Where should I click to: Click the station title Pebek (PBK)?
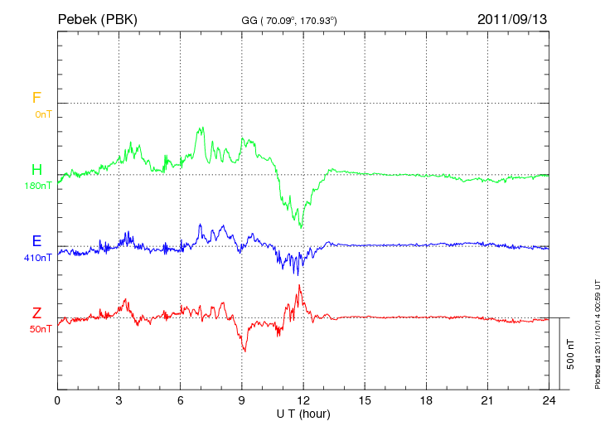99,18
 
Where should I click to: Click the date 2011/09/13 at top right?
511,18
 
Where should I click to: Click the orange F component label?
36,98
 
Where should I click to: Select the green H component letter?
36,170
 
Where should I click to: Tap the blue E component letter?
36,241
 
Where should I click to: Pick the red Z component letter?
36,312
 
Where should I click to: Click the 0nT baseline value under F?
42,114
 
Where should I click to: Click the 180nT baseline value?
38,186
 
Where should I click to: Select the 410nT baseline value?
38,258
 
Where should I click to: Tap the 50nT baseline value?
41,329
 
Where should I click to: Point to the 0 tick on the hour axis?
57,401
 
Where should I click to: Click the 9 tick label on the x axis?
242,401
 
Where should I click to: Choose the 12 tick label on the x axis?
303,401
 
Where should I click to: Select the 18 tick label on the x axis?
426,401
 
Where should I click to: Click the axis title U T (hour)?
303,413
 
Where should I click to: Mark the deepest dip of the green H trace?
301,226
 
